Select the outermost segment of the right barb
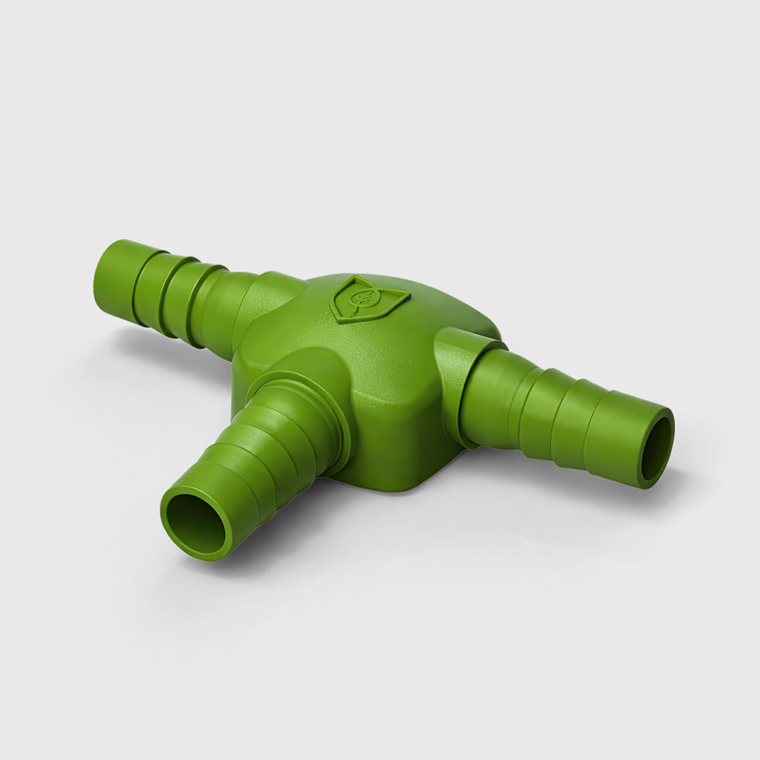[x=627, y=437]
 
